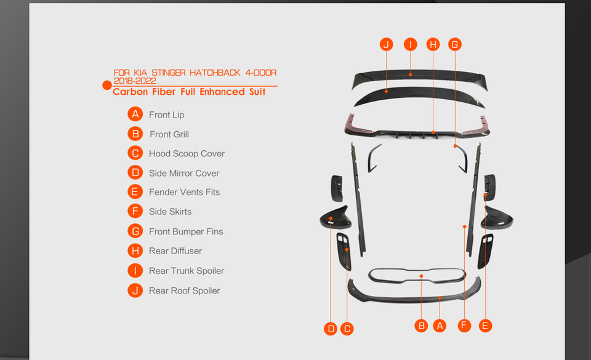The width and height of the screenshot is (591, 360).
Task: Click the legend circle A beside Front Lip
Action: click(x=135, y=114)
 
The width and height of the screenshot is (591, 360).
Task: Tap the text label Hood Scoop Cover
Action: click(x=187, y=154)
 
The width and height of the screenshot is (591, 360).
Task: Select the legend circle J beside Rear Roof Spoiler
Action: click(x=135, y=290)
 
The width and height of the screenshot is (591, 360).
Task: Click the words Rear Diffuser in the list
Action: click(x=175, y=251)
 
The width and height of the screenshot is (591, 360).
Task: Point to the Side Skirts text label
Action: click(x=170, y=212)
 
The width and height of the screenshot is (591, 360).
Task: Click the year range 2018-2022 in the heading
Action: click(x=134, y=81)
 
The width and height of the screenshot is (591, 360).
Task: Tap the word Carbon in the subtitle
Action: click(x=129, y=92)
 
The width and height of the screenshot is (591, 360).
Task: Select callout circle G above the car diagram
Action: click(x=454, y=44)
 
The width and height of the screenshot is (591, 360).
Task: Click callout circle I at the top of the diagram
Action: click(x=410, y=44)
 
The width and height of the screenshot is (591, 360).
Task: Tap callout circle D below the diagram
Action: click(x=331, y=329)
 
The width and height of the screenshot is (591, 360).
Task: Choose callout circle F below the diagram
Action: click(x=464, y=325)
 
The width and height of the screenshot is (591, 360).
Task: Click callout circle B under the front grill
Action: click(x=421, y=325)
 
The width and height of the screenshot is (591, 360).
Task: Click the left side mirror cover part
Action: click(x=335, y=217)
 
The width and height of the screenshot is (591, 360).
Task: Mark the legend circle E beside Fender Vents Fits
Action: click(x=135, y=192)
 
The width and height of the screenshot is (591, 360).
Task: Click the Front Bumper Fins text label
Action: click(x=186, y=231)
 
